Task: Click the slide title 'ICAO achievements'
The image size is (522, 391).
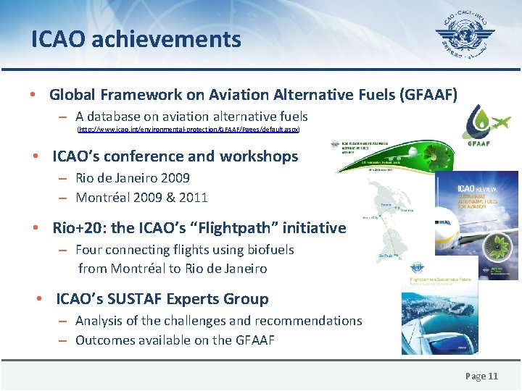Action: pyautogui.click(x=136, y=39)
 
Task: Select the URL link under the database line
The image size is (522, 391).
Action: pyautogui.click(x=188, y=130)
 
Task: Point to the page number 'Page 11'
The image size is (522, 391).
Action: pyautogui.click(x=481, y=376)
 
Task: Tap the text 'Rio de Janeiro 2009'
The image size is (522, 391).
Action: pyautogui.click(x=133, y=178)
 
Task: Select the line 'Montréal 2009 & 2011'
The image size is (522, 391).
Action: pyautogui.click(x=141, y=197)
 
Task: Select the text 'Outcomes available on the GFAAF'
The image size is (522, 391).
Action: pyautogui.click(x=175, y=340)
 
